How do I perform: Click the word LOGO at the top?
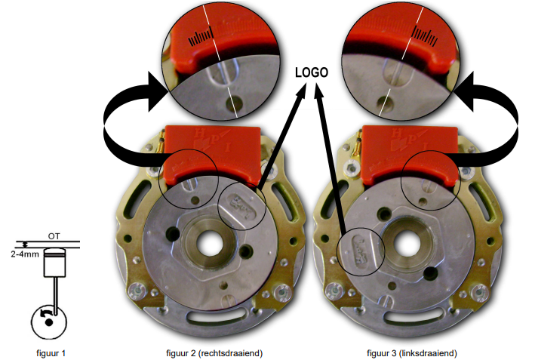tap(311, 72)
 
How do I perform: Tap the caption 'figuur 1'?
tap(51, 353)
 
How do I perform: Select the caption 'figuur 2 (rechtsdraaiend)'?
tap(214, 353)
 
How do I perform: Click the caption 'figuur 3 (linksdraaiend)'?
tap(412, 353)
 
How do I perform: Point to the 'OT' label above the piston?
tap(54, 236)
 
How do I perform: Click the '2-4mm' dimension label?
tap(25, 254)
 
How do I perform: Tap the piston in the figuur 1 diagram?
tap(54, 263)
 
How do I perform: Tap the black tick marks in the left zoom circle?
tap(201, 37)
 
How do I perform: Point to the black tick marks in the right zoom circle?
tap(425, 36)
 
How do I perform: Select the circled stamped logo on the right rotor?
tap(361, 251)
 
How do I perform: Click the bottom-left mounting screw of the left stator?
tap(137, 290)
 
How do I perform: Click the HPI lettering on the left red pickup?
tap(212, 141)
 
